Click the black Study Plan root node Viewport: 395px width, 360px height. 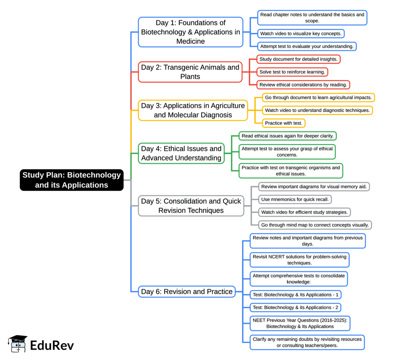tap(72, 180)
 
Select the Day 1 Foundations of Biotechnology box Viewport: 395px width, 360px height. tap(191, 32)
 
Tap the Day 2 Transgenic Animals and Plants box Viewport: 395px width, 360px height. tap(190, 72)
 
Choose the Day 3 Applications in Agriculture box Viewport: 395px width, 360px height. tap(193, 110)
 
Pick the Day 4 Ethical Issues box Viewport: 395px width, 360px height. tap(181, 153)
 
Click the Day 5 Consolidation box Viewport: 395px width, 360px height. tap(191, 206)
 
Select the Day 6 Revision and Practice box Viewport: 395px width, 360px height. tap(187, 291)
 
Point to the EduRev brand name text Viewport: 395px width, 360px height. tap(52, 345)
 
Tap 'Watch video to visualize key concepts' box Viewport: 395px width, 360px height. tap(300, 34)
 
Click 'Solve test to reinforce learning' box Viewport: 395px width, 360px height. tap(292, 72)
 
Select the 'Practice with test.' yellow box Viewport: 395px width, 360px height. tap(284, 123)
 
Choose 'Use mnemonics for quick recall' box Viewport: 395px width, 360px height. tap(295, 199)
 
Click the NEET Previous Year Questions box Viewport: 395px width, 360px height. tap(300, 323)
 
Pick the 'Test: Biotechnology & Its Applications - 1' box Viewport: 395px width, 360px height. tap(295, 295)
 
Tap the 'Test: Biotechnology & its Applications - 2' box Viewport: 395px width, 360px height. tap(295, 308)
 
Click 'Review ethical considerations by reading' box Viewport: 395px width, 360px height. tap(303, 85)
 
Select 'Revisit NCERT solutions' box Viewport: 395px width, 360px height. tap(299, 260)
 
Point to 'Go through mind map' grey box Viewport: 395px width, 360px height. tap(315, 225)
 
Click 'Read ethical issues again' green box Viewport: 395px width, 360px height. tap(287, 136)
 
